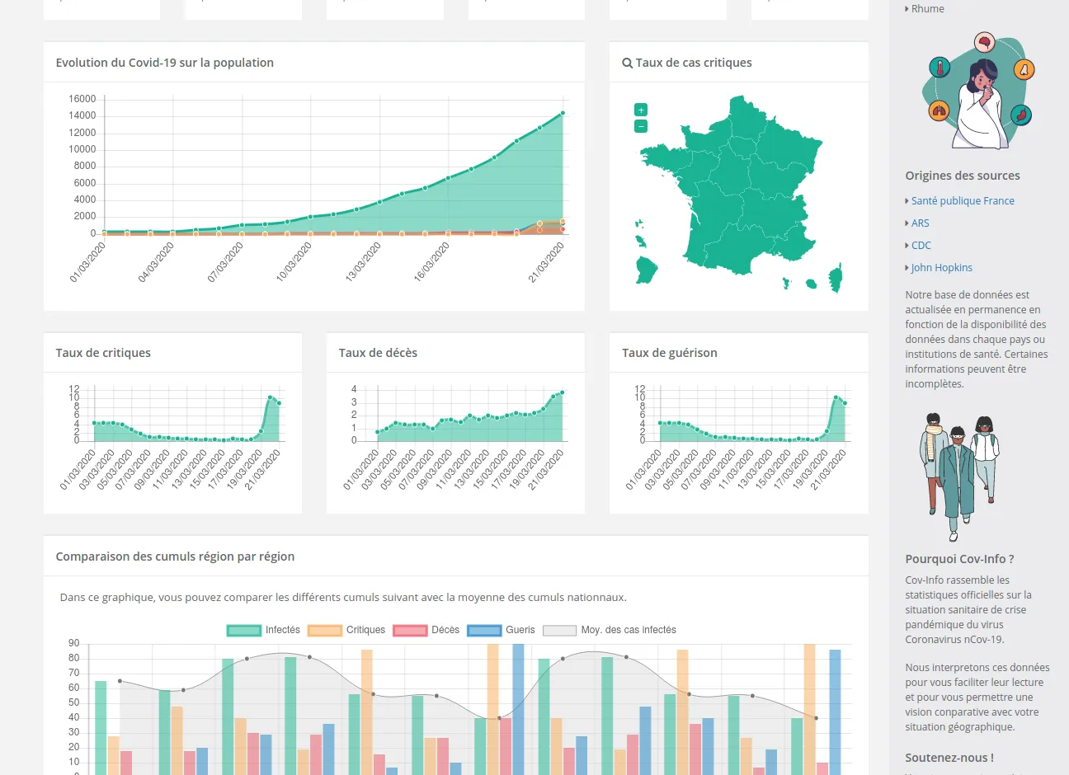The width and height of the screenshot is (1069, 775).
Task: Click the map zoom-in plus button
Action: pos(641,110)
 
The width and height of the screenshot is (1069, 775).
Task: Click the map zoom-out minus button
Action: pos(641,126)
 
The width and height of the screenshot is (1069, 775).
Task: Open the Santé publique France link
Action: pos(963,200)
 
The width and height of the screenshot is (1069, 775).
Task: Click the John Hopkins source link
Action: pos(941,267)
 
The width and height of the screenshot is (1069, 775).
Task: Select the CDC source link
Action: pos(921,245)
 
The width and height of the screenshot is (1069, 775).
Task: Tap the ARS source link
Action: pos(920,223)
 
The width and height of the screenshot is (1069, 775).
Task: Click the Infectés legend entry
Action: pos(264,630)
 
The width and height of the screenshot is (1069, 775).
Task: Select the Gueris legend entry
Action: pos(502,630)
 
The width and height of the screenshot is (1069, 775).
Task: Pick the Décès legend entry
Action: pos(426,630)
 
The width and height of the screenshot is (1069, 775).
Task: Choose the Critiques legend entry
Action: pos(346,630)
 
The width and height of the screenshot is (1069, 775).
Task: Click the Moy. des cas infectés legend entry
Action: pos(610,630)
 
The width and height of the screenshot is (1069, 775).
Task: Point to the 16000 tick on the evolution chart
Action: pos(82,99)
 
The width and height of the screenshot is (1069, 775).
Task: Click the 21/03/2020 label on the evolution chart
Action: pos(547,261)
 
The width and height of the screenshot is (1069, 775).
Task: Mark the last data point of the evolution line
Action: pos(563,113)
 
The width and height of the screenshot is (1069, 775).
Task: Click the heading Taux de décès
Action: pos(378,353)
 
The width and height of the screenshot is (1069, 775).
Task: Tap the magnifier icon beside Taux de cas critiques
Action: pos(627,63)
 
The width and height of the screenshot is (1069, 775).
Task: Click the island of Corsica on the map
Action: pos(836,278)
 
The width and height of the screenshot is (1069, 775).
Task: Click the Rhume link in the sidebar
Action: pos(927,8)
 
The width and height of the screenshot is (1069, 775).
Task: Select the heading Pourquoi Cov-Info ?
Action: pos(959,559)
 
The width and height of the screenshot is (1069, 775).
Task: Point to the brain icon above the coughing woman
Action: pos(983,41)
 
